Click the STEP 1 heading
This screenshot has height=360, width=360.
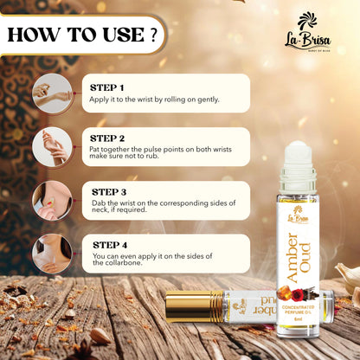[107, 87]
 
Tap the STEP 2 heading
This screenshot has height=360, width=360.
[108, 138]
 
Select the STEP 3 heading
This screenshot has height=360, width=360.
[108, 191]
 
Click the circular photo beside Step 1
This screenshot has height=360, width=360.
[52, 93]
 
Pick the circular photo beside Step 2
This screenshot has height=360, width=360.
[52, 147]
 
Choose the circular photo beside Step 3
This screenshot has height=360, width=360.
[52, 200]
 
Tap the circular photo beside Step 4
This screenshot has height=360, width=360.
[52, 254]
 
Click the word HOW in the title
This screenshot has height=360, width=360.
[35, 35]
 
